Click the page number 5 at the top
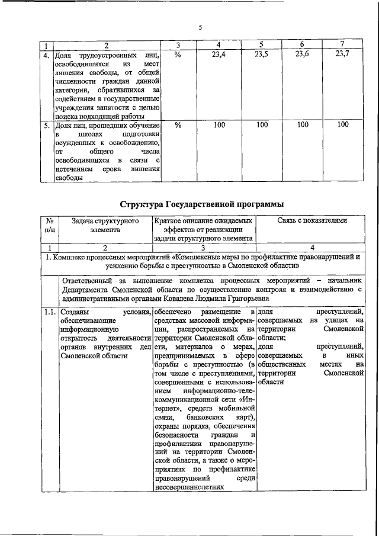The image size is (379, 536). [200, 28]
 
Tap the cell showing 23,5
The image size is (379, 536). [262, 54]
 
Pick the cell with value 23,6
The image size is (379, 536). [302, 54]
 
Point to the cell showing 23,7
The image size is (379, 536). [342, 54]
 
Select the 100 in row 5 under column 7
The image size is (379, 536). [342, 125]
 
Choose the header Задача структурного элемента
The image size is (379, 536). [105, 226]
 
